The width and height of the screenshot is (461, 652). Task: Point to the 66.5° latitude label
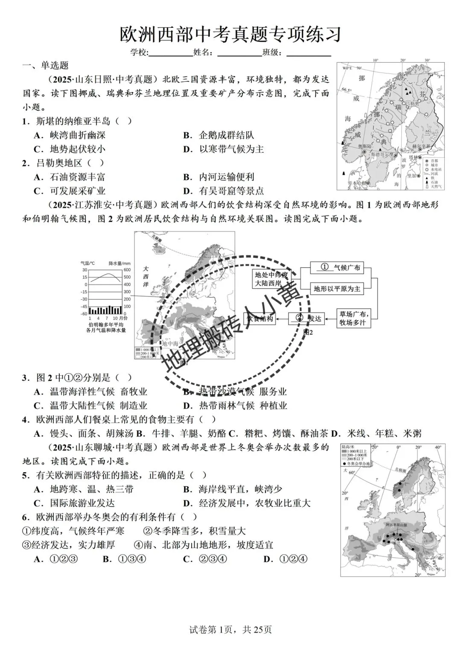[x=347, y=90]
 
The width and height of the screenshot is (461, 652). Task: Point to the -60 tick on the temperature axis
[x=84, y=314]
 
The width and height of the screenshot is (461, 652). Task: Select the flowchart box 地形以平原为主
[x=337, y=289]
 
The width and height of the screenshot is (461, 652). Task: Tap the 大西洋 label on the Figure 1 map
[x=146, y=276]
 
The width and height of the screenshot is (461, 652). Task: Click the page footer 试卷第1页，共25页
[x=230, y=629]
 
